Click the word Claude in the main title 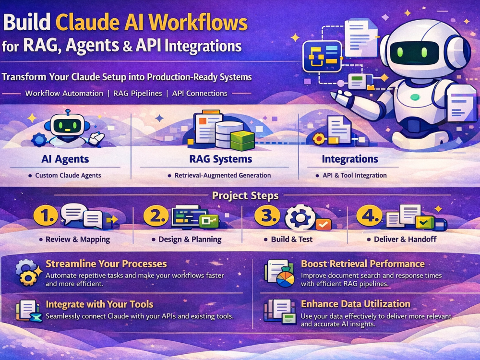(87, 23)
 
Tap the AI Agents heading (65, 159)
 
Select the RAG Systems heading (221, 159)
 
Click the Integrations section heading (350, 159)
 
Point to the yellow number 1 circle (46, 216)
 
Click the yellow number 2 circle (156, 216)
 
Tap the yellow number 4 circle (369, 216)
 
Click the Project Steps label (245, 196)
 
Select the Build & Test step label (292, 239)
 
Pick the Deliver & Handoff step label (405, 239)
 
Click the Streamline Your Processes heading (106, 264)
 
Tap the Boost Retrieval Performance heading (363, 264)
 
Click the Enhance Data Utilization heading (355, 304)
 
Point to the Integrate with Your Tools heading (99, 304)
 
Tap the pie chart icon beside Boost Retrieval (285, 277)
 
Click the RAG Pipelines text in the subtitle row (137, 94)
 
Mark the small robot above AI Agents (69, 129)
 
